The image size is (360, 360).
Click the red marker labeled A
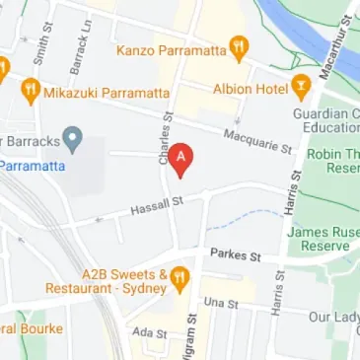pos(180,158)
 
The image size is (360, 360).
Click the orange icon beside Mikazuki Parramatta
pos(30,92)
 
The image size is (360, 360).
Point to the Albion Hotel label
pos(251,88)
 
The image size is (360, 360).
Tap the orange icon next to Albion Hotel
pos(301,88)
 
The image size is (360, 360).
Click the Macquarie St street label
pos(258,142)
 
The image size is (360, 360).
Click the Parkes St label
pos(235,254)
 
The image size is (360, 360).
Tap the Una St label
pos(220,303)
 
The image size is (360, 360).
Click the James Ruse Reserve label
pos(324,238)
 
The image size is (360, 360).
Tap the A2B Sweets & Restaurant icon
pos(179,279)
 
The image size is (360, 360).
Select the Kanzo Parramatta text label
pos(170,48)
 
